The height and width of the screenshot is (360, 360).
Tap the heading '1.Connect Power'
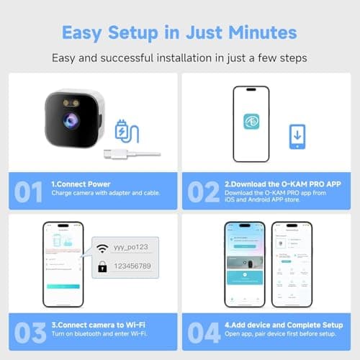pos(80,184)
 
